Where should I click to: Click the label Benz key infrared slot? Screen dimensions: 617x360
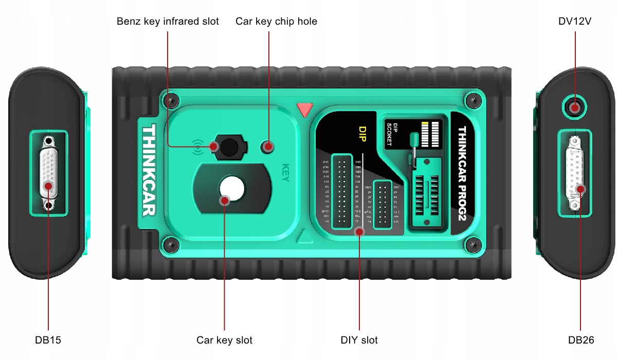coord(168,22)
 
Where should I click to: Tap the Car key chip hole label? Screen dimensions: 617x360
coord(276,22)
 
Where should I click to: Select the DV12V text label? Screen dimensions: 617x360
coord(574,22)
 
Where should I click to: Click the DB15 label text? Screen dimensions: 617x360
coord(48,340)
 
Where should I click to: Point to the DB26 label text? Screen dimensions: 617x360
coord(581,340)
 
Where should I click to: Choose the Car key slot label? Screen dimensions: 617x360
coord(224,340)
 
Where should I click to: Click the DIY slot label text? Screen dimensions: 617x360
coord(359,340)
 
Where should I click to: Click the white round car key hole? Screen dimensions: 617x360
coord(232,189)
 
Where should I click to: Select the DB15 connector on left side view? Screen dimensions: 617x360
coord(49,173)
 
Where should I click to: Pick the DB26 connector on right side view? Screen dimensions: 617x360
coord(575,173)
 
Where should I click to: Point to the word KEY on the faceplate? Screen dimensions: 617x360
coord(286,173)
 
